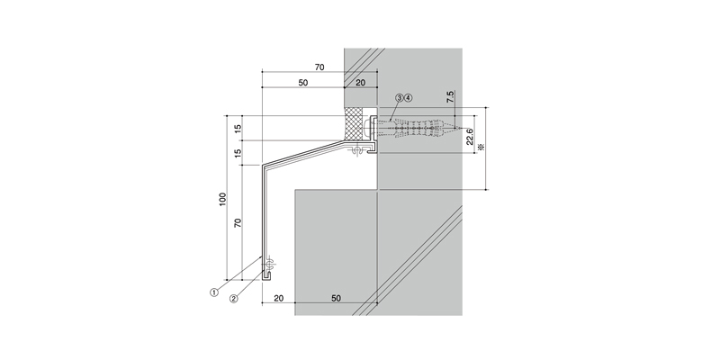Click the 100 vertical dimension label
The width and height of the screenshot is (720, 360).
(222, 199)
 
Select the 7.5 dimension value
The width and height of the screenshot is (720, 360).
(451, 96)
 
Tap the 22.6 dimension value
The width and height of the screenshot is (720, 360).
(470, 137)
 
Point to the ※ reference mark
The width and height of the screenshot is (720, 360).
(481, 148)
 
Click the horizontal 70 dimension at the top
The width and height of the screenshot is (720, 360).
(319, 67)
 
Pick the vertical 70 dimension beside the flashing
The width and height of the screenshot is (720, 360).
(238, 223)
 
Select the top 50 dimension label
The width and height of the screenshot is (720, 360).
(303, 83)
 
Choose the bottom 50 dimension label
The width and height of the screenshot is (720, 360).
(336, 298)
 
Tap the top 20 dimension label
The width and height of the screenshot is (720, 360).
(361, 83)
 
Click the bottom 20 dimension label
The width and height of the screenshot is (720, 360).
(279, 298)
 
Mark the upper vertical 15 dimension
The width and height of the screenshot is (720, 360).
(238, 129)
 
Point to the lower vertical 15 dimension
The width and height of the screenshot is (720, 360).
(238, 153)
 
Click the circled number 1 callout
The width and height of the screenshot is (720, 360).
(214, 292)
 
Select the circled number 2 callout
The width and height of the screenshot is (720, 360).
(234, 299)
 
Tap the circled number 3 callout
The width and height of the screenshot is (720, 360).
(400, 98)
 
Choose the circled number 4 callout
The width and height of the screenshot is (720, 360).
(409, 98)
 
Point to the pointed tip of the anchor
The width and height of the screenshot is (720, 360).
(458, 128)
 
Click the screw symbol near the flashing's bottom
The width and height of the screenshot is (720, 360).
(268, 264)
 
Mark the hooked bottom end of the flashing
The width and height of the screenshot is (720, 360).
(266, 275)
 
